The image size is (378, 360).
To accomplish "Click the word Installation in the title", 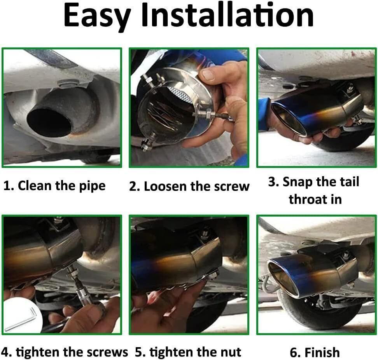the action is pos(227,15).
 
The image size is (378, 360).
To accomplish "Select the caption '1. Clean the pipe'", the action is pos(54,186).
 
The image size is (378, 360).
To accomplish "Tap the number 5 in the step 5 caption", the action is pos(138,352).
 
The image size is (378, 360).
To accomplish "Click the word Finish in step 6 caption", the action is pos(322,352).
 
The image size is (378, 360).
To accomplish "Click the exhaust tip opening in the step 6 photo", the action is pos(282,277).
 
